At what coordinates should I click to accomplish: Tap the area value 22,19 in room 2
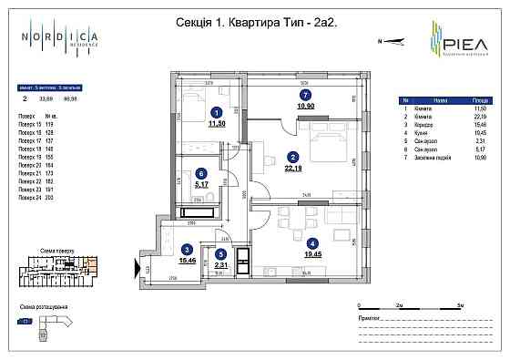click(293, 167)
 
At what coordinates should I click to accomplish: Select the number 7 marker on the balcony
click(306, 95)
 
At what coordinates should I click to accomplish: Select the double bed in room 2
click(323, 140)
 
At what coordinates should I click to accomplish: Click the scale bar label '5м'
click(461, 306)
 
